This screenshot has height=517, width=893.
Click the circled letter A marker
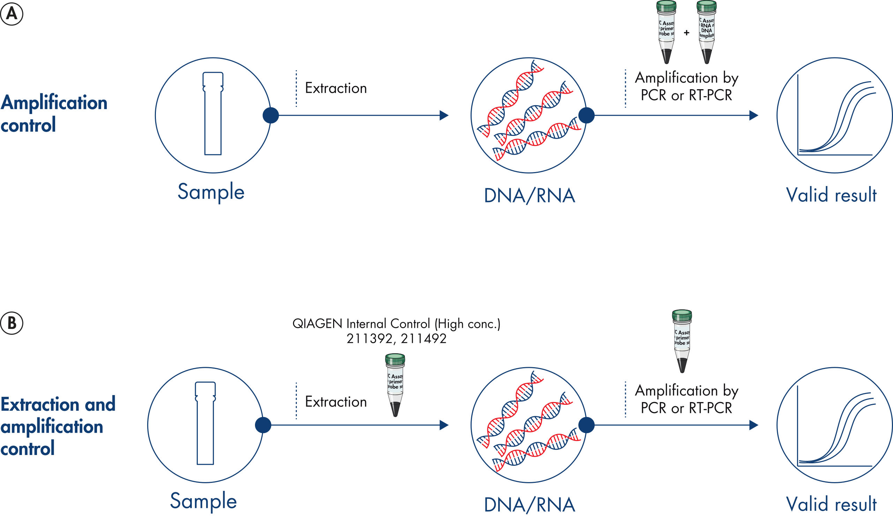point(12,14)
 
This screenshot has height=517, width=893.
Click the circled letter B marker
point(12,323)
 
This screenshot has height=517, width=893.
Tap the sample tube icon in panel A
point(213,114)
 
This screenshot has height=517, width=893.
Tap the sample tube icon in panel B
point(205,423)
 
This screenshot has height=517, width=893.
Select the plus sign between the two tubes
point(686,33)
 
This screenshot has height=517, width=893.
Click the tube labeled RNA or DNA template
point(706,32)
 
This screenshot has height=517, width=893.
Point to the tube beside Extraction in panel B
point(395,385)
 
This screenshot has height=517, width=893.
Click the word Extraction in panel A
point(336,88)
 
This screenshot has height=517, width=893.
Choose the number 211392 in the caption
point(369,339)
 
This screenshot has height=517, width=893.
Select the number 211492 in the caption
point(424,339)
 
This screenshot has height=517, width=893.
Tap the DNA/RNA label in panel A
point(530,196)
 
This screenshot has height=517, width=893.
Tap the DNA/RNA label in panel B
point(530,504)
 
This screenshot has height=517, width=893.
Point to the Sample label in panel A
point(211,192)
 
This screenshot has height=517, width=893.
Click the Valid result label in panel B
point(831,504)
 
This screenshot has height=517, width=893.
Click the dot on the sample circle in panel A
point(271,115)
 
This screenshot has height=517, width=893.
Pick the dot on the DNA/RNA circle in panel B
point(586,425)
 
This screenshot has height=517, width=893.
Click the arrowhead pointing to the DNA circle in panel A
point(444,115)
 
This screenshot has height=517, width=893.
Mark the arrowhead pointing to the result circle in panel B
point(754,425)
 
